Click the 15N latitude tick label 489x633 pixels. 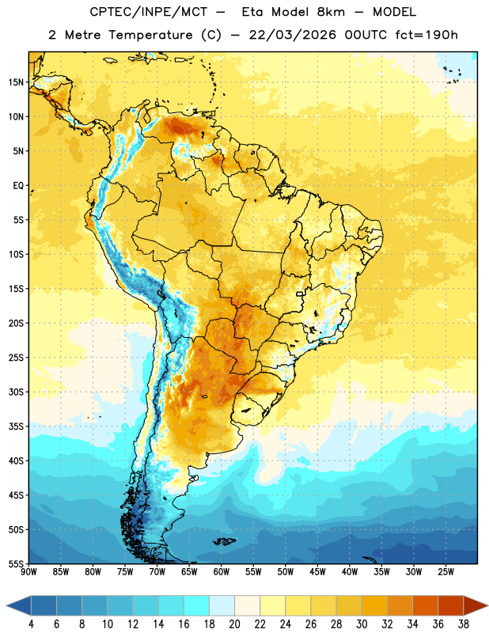tap(16, 82)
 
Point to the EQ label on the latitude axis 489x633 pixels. tap(18, 186)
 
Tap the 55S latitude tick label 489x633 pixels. tap(16, 563)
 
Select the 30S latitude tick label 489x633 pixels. tap(16, 392)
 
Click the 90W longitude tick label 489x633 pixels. tap(28, 572)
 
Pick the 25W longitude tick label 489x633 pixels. tap(445, 572)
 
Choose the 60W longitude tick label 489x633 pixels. tap(222, 572)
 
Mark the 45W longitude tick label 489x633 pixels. tap(317, 572)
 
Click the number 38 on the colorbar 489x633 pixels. tap(463, 624)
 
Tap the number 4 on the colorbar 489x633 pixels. tap(31, 624)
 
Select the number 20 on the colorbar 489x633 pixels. tap(234, 624)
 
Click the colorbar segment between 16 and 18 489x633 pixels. tap(197, 605)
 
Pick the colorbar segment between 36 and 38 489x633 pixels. tap(451, 605)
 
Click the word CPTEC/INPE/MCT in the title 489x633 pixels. tap(149, 12)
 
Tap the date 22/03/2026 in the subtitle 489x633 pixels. tap(292, 35)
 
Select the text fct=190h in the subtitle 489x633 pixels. tap(426, 35)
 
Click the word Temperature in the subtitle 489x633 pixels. tap(150, 36)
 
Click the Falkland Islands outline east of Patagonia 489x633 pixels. tap(224, 541)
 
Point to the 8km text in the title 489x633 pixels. tap(331, 12)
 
